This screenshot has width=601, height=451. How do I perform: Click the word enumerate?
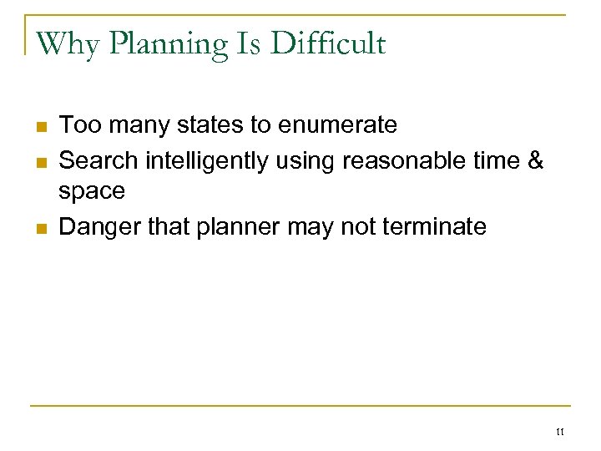click(338, 126)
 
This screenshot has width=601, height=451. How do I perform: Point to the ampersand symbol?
click(534, 159)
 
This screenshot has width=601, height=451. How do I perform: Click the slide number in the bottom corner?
click(559, 432)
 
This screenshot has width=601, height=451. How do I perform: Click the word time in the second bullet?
click(492, 159)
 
